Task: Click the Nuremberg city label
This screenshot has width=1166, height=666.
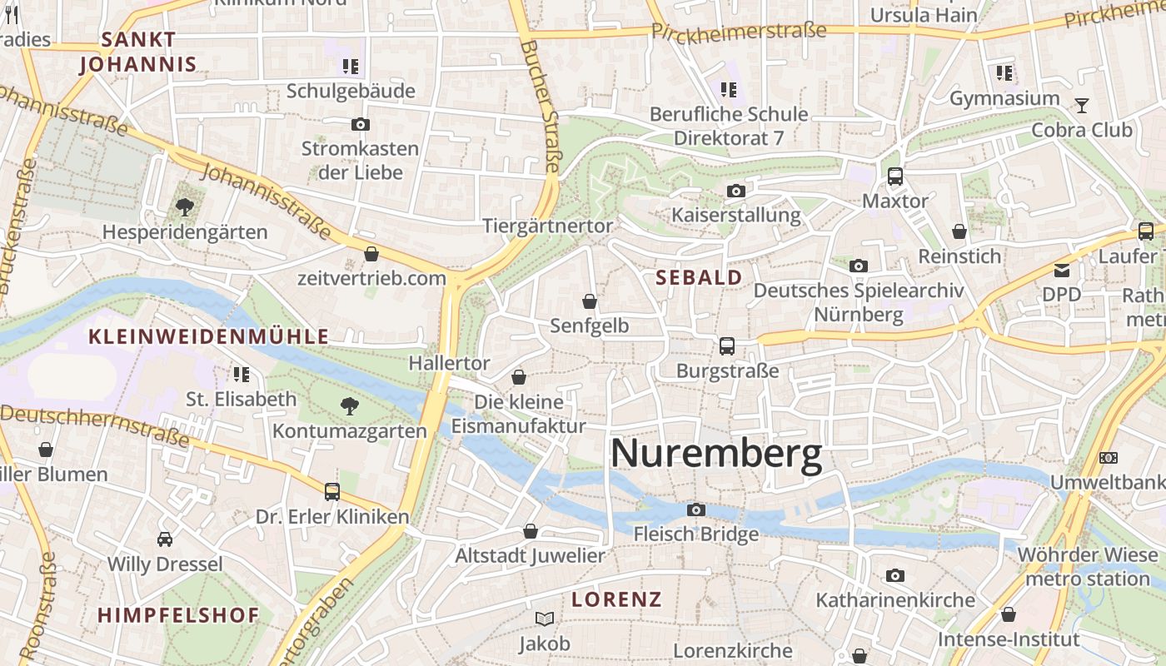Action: click(x=716, y=455)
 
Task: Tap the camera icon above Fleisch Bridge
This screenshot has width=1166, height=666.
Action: click(x=696, y=509)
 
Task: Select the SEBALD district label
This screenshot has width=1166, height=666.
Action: click(x=699, y=277)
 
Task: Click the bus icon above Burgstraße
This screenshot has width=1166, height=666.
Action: click(x=727, y=346)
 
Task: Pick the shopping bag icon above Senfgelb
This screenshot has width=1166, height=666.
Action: click(x=590, y=301)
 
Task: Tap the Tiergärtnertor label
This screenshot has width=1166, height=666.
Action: click(x=547, y=226)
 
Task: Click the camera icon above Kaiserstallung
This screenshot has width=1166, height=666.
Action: click(x=735, y=191)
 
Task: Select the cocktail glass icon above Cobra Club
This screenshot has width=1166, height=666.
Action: click(x=1082, y=106)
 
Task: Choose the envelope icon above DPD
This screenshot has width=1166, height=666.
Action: click(x=1062, y=270)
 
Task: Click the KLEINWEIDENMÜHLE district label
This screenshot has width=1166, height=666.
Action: click(x=208, y=336)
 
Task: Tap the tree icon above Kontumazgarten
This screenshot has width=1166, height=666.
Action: click(x=350, y=406)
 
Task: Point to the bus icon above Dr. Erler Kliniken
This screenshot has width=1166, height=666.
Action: click(x=332, y=492)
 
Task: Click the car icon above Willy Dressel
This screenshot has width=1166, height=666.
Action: click(x=165, y=539)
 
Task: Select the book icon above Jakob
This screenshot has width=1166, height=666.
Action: click(x=545, y=619)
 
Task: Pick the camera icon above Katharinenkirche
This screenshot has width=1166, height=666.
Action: click(x=895, y=575)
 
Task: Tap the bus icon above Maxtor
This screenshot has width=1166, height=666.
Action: click(x=895, y=176)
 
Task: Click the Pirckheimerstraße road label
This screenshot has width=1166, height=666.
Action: click(x=738, y=32)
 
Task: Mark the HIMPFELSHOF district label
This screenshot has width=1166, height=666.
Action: click(x=178, y=615)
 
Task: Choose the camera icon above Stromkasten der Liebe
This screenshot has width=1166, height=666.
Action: click(x=360, y=125)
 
